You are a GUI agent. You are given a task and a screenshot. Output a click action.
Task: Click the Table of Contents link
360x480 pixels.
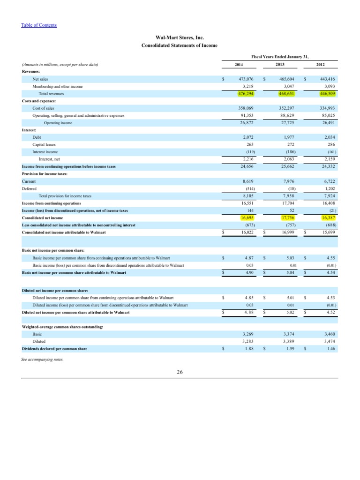pos(39,25)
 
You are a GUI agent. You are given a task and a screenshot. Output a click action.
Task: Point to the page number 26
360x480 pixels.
pos(180,373)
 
